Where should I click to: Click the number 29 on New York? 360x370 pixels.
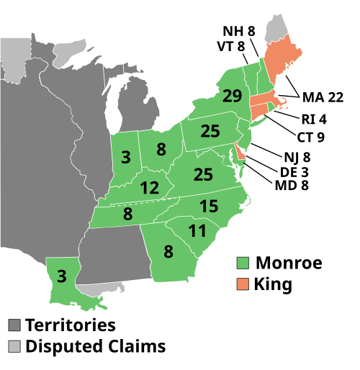232,96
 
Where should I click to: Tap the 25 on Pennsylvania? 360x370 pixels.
210,131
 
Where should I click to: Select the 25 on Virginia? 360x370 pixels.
203,174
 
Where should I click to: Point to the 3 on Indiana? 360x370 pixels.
126,157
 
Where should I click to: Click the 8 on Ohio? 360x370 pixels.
161,150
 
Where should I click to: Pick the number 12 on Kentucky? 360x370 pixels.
149,188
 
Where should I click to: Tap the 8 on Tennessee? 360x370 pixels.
127,214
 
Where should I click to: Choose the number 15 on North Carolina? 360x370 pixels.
209,207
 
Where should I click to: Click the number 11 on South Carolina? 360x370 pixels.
197,231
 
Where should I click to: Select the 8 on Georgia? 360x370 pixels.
168,252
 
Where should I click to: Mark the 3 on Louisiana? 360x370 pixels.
62,276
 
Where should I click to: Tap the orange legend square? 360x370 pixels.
243,284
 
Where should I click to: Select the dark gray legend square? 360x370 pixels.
14,325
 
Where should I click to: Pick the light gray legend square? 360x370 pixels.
14,346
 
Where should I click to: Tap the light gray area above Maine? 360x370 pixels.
274,28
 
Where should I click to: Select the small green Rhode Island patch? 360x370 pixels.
269,107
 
